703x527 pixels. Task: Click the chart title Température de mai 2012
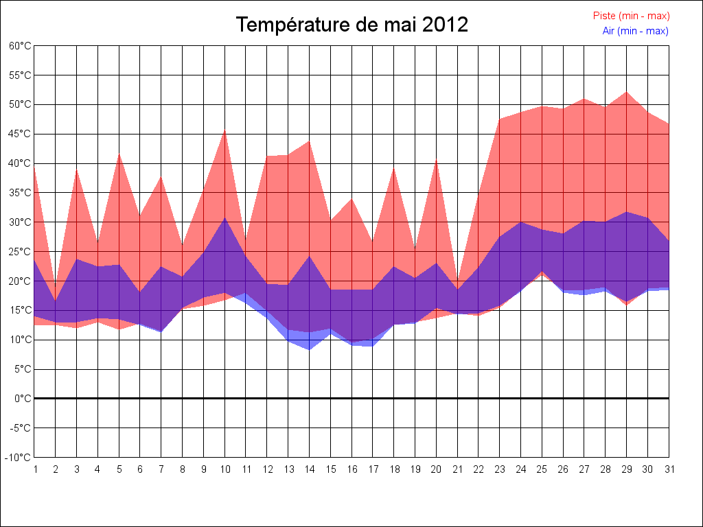351,25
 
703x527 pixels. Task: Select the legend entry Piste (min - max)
631,16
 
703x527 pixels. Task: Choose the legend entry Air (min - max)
635,31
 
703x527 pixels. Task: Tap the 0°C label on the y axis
23,399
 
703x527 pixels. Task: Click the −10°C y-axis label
19,458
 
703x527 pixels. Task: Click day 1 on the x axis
35,469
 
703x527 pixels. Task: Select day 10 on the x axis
224,469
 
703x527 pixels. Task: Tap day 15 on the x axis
330,469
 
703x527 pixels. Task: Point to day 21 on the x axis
457,469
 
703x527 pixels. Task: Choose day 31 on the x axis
669,469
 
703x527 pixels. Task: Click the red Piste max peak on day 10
224,130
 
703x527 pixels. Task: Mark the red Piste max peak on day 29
626,91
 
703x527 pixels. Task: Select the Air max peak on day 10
224,218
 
